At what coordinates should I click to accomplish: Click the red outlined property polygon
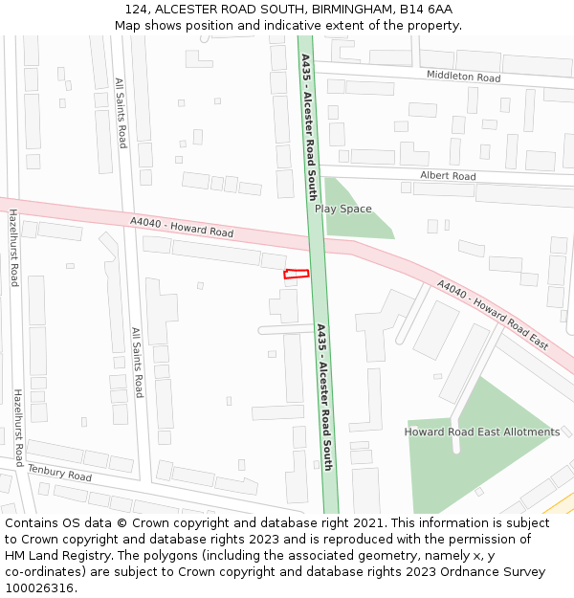[297, 275]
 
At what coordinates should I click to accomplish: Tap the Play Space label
[342, 209]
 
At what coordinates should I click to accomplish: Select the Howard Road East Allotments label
[481, 432]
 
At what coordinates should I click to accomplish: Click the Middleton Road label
[463, 77]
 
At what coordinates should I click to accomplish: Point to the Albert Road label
[448, 176]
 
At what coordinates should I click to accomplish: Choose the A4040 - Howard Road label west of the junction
[182, 228]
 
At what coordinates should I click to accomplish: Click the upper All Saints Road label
[121, 113]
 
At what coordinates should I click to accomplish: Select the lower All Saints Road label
[138, 363]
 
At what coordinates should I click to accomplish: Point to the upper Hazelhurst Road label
[13, 248]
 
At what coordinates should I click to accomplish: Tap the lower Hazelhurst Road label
[18, 427]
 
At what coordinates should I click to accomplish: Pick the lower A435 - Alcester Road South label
[324, 396]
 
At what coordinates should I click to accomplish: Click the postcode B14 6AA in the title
[426, 10]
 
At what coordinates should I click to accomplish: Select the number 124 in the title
[136, 10]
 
